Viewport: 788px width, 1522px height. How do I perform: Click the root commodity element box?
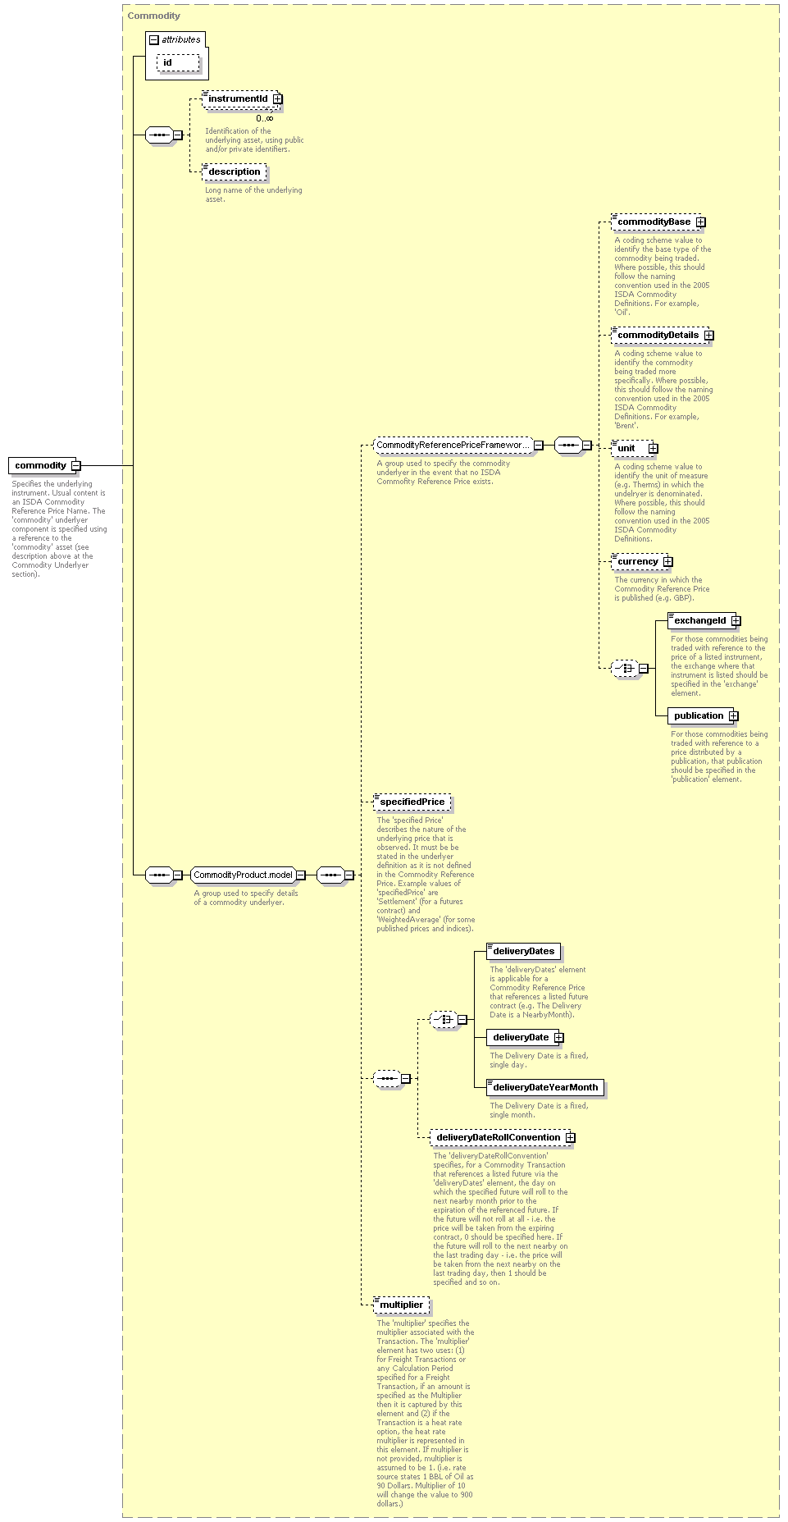42,465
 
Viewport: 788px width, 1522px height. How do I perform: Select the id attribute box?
178,62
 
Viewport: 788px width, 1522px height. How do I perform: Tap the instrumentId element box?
239,98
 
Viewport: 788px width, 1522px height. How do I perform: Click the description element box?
234,171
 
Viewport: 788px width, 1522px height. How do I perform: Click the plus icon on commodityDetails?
708,335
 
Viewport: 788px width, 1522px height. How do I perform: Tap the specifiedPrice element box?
412,802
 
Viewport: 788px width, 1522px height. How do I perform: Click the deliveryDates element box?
523,951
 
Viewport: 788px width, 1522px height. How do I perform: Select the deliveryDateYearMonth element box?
545,1087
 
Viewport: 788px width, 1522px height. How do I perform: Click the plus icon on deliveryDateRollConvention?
570,1137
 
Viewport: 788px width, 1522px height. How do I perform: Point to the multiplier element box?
401,1305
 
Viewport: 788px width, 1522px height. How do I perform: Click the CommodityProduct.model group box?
244,875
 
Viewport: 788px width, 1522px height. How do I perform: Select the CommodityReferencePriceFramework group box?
453,445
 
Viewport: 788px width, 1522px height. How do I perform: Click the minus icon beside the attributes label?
153,39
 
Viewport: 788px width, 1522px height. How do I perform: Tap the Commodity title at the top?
153,16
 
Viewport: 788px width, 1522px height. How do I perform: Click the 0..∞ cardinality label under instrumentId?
264,118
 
